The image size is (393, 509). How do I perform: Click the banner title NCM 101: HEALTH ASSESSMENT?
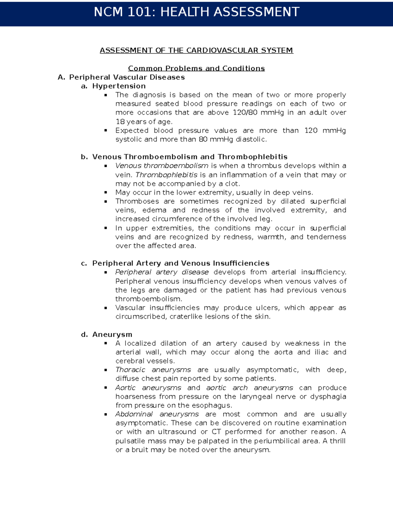(x=196, y=12)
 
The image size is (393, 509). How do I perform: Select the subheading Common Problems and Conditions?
(x=196, y=68)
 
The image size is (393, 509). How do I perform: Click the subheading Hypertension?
(x=119, y=86)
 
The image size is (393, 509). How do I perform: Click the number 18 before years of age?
(x=120, y=122)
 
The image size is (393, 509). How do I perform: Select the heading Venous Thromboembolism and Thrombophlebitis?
(x=190, y=157)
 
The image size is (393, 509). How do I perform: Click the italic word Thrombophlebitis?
(x=167, y=175)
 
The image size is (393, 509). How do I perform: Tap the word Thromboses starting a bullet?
(x=137, y=201)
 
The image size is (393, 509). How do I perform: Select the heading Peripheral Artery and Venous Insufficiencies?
(x=181, y=263)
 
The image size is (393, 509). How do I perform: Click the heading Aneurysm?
(x=112, y=335)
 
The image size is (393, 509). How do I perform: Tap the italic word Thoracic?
(x=130, y=370)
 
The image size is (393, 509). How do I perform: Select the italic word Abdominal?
(x=134, y=414)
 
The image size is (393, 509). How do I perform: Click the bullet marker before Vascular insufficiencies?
(x=105, y=308)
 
